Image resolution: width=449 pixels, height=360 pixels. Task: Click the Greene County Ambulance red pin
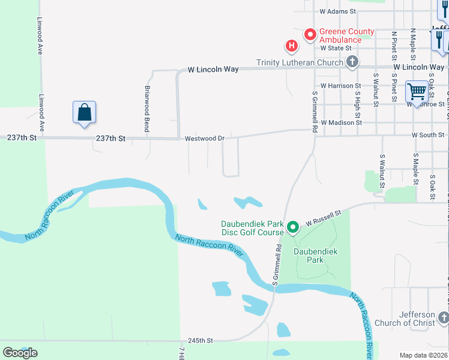310,35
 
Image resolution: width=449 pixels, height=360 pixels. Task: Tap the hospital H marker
291,46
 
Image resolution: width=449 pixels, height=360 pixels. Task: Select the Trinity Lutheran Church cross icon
352,62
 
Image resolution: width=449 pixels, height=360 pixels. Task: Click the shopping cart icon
416,91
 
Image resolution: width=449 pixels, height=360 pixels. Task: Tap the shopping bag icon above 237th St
85,112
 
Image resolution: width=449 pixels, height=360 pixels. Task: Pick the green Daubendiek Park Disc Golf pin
292,227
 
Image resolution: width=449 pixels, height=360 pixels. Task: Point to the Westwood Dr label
205,139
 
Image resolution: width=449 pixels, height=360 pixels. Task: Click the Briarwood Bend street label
147,100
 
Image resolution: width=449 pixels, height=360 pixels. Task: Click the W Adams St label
338,11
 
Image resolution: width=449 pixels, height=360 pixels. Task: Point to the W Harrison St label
340,86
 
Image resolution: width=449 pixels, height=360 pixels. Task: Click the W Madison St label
341,122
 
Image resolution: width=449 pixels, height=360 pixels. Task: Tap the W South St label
428,135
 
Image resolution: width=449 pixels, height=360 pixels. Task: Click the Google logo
20,353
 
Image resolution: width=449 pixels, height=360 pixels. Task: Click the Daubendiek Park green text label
309,256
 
